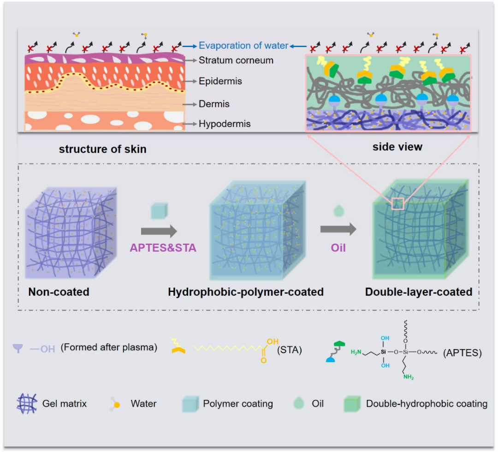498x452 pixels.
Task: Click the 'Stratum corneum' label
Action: pyautogui.click(x=236, y=60)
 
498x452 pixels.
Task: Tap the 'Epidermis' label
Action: pyautogui.click(x=220, y=81)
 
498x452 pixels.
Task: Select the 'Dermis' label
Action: pyautogui.click(x=214, y=104)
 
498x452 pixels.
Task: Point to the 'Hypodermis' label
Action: pyautogui.click(x=225, y=124)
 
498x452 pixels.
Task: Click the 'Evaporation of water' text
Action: pyautogui.click(x=243, y=46)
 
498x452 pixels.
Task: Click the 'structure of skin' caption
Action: pyautogui.click(x=102, y=149)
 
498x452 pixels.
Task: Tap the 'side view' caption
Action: pyautogui.click(x=397, y=147)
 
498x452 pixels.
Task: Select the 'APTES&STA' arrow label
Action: pyautogui.click(x=163, y=248)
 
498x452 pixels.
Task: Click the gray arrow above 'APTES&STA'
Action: pyautogui.click(x=159, y=231)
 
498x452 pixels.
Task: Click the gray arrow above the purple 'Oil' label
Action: pyautogui.click(x=338, y=229)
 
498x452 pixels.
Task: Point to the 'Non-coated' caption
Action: pyautogui.click(x=59, y=292)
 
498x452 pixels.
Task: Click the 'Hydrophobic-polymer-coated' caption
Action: pyautogui.click(x=246, y=292)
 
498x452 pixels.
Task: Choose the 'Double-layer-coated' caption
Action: pyautogui.click(x=419, y=292)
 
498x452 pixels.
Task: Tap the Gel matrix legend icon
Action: pyautogui.click(x=27, y=404)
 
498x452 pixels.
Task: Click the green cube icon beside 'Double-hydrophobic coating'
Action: pyautogui.click(x=352, y=404)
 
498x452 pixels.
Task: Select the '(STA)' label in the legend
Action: pyautogui.click(x=289, y=350)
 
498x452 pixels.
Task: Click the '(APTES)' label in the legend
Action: pyautogui.click(x=462, y=352)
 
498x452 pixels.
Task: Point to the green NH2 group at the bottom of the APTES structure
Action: pyautogui.click(x=409, y=377)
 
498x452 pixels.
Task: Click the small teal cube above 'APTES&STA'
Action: pyautogui.click(x=159, y=211)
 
